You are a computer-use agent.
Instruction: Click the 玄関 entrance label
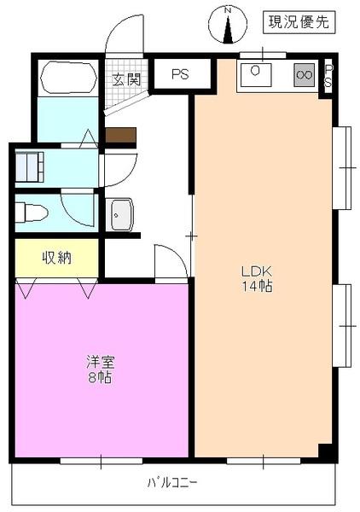[126, 80]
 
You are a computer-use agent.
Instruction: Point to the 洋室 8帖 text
[96, 368]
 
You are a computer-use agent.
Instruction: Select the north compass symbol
[228, 26]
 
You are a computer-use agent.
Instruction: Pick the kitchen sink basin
[256, 74]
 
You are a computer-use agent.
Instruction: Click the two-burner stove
[303, 74]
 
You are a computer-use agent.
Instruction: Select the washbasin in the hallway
[121, 213]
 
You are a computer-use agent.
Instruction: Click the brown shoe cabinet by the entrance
[121, 135]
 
